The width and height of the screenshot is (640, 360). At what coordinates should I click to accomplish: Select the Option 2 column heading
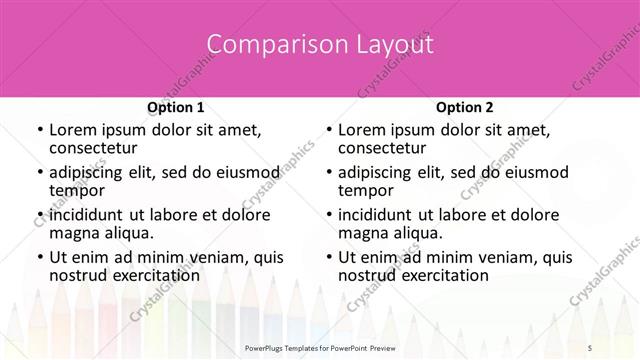coord(465,107)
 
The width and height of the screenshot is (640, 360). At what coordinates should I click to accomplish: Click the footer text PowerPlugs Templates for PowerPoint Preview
coord(320,347)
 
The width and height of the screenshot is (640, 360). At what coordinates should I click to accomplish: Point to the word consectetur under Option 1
coord(94,149)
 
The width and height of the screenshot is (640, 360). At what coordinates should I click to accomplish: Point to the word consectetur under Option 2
coord(383,149)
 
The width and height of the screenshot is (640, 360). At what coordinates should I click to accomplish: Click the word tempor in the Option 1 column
coord(75,191)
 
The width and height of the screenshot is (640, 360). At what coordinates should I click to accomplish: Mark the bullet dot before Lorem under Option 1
coord(39,131)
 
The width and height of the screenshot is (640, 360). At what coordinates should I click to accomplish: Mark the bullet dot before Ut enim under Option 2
coord(328,257)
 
